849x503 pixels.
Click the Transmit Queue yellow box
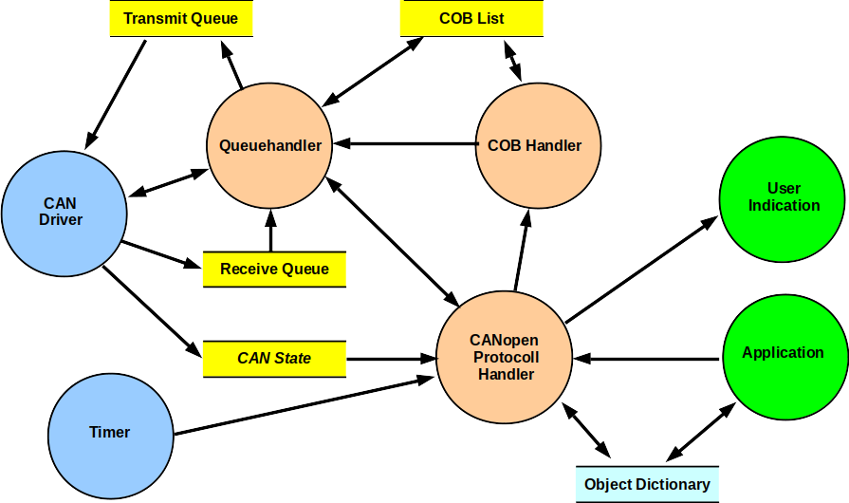pyautogui.click(x=180, y=18)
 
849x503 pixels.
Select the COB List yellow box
pyautogui.click(x=471, y=18)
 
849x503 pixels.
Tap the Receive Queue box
pyautogui.click(x=274, y=270)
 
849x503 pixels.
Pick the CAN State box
pyautogui.click(x=273, y=359)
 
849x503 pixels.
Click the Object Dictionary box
pyautogui.click(x=647, y=484)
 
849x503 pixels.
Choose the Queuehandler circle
pyautogui.click(x=269, y=146)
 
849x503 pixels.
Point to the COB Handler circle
pyautogui.click(x=537, y=146)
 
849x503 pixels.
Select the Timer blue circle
pyautogui.click(x=110, y=433)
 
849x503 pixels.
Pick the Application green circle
pyautogui.click(x=784, y=353)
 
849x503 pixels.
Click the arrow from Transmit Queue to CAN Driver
pyautogui.click(x=116, y=95)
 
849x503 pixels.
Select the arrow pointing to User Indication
pyautogui.click(x=641, y=270)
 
